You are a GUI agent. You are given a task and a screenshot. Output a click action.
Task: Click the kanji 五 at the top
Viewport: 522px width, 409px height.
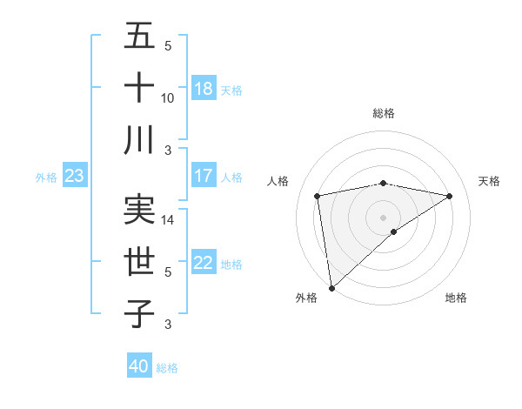click(139, 37)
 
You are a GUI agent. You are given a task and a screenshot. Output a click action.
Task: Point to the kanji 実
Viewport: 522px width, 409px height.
click(139, 210)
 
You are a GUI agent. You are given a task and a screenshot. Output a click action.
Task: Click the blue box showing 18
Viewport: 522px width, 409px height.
click(204, 88)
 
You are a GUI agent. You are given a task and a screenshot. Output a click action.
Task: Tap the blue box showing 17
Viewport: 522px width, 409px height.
click(204, 176)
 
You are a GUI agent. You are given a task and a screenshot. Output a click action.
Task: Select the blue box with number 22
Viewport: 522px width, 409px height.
click(204, 264)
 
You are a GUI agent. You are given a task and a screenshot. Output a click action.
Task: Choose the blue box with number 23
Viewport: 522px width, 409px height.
click(75, 176)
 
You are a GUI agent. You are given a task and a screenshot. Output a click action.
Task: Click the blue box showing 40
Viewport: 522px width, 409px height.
click(139, 366)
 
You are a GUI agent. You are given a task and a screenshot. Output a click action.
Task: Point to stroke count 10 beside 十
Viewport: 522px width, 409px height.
click(168, 97)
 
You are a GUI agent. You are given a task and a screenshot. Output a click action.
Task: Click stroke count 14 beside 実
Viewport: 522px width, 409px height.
click(168, 220)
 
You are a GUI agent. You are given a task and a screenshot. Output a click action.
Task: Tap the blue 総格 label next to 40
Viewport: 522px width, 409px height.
click(167, 368)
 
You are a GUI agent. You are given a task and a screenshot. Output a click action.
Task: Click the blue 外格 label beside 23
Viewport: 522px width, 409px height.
click(46, 177)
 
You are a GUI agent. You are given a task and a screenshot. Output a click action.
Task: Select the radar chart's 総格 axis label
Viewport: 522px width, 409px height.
click(383, 113)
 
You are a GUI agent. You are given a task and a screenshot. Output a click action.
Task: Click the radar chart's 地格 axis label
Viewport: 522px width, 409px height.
click(456, 298)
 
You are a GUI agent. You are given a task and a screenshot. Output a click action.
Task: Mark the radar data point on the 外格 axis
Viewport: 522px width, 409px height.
click(331, 287)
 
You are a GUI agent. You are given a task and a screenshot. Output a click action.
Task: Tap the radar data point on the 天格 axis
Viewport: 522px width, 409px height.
click(450, 196)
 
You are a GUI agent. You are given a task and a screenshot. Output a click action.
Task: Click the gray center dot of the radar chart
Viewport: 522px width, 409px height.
click(383, 217)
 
